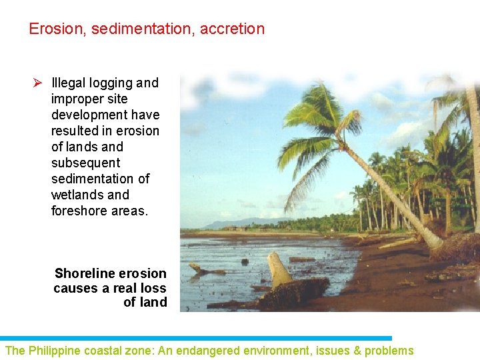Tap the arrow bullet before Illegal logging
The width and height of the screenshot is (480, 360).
[x=38, y=83]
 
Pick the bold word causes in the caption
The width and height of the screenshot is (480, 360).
[x=75, y=288]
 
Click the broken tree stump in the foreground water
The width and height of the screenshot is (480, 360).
[x=279, y=269]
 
